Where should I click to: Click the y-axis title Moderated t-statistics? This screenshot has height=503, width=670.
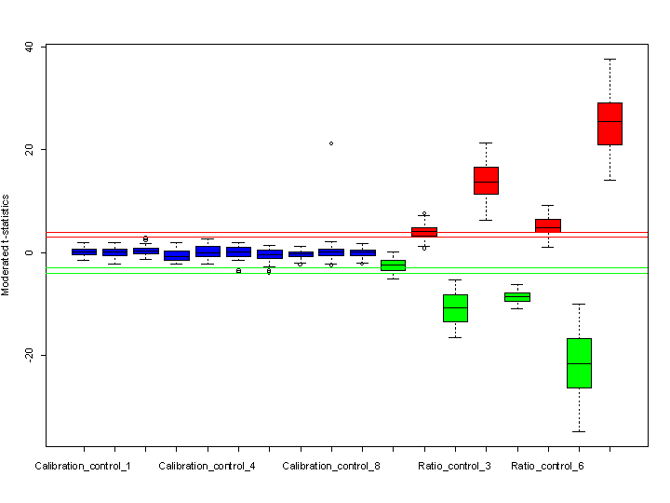point(6,244)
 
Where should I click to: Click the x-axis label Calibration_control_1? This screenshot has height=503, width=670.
point(83,465)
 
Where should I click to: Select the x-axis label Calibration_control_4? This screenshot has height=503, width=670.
point(207,465)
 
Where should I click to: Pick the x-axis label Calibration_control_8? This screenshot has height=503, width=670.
point(330,465)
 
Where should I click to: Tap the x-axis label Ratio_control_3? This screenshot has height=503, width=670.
point(454,465)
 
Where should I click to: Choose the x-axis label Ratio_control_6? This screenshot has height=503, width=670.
point(547,465)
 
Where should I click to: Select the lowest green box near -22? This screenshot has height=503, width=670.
point(579,363)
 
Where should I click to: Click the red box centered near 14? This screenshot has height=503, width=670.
point(486,181)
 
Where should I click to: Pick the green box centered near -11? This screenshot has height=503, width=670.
point(455,307)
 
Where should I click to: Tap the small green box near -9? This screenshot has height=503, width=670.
point(516,297)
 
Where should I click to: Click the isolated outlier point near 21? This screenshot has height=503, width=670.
point(331,143)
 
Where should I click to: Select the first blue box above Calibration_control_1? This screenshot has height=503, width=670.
point(84,251)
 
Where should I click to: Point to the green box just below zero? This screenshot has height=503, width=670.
point(393,265)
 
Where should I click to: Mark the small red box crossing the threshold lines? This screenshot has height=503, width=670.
point(424,232)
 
